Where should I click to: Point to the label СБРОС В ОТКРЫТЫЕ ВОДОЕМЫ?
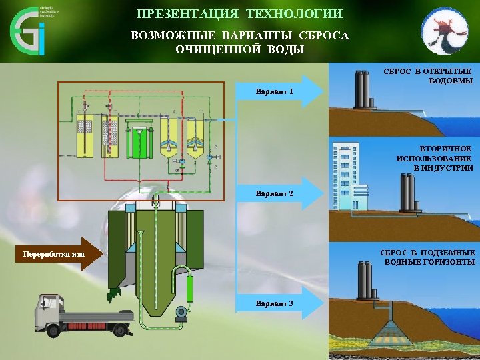[427, 75]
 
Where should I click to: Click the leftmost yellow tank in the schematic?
[86, 136]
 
